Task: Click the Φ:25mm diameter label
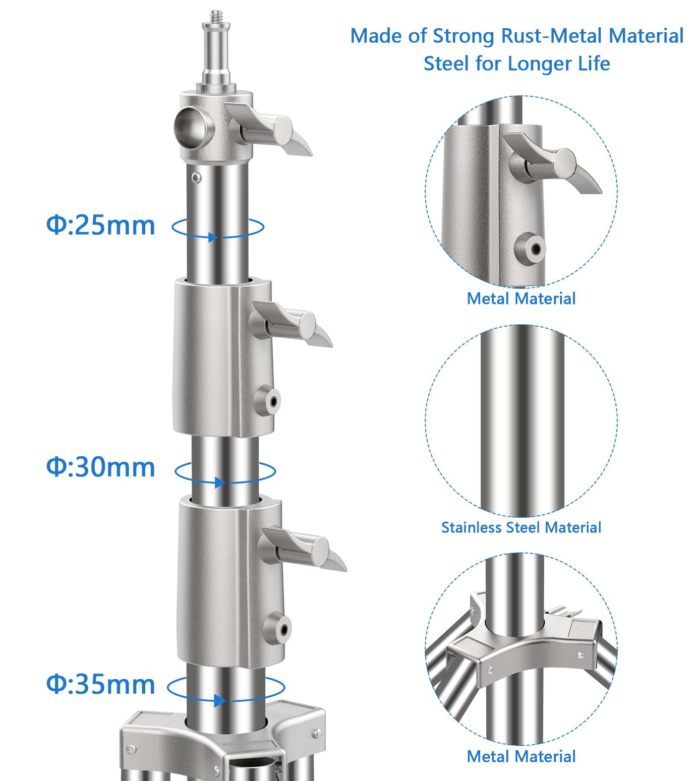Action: tap(101, 225)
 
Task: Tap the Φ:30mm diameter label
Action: tap(101, 467)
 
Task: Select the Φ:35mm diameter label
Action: tap(101, 684)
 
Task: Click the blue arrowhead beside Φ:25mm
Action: tap(213, 237)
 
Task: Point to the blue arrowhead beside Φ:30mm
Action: tap(220, 482)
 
